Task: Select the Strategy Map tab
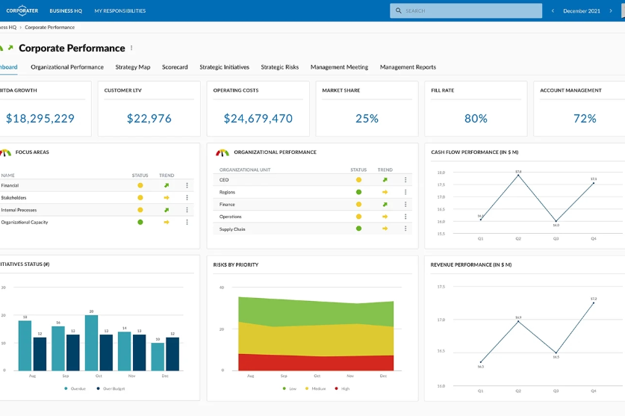point(133,67)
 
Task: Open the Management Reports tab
point(408,67)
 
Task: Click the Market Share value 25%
point(367,119)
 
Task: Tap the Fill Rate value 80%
point(476,119)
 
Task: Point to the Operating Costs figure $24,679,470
point(258,119)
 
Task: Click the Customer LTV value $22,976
point(149,119)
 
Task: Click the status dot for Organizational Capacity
point(140,222)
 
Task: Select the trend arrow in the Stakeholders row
point(167,198)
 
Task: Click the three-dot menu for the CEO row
point(405,180)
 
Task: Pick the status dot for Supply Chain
point(358,229)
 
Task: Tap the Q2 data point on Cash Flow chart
point(518,176)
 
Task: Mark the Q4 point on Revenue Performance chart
point(594,302)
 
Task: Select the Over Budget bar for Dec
point(172,354)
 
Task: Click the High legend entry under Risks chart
point(342,388)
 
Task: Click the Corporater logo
point(22,11)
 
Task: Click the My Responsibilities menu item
point(120,11)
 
